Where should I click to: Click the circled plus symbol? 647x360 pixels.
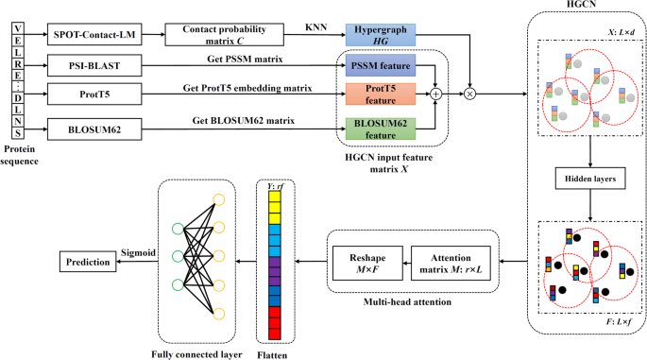[x=436, y=94]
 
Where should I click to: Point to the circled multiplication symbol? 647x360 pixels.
[x=468, y=94]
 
